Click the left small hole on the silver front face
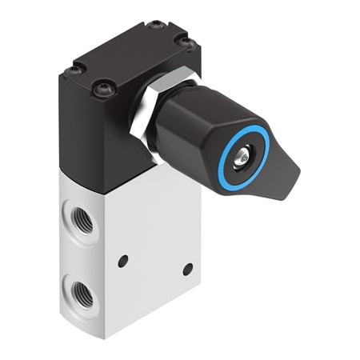pos(122,261)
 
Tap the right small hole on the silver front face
pos(188,270)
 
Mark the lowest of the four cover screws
pos(102,90)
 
